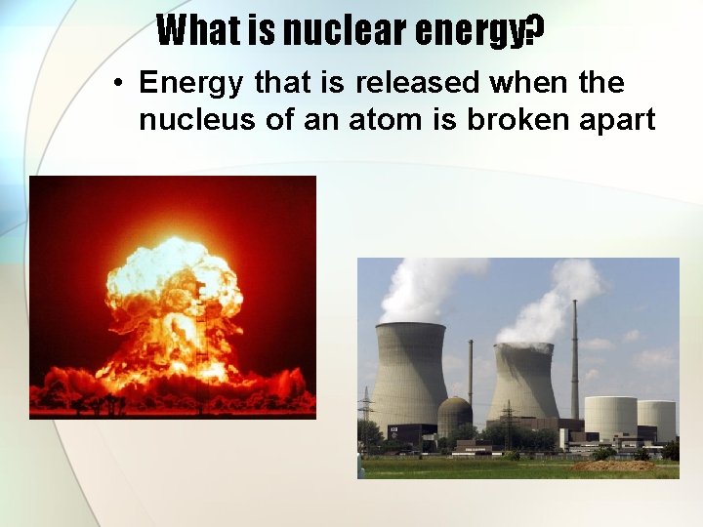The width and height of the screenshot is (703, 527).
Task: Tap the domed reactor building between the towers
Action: [454, 416]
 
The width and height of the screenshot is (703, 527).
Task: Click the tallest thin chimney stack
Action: [574, 361]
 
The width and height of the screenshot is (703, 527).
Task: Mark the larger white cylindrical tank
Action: [610, 418]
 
